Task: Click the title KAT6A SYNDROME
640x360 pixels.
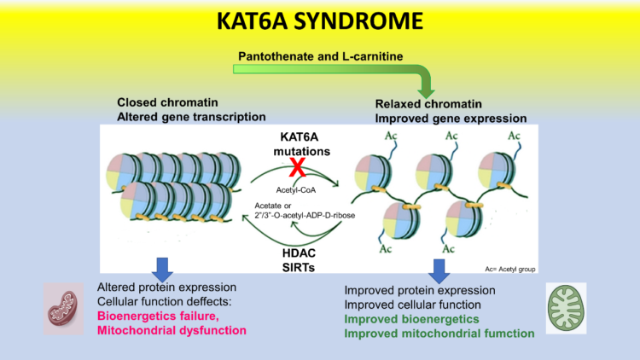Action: pos(319,20)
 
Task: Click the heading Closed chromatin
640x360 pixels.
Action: pos(172,102)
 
